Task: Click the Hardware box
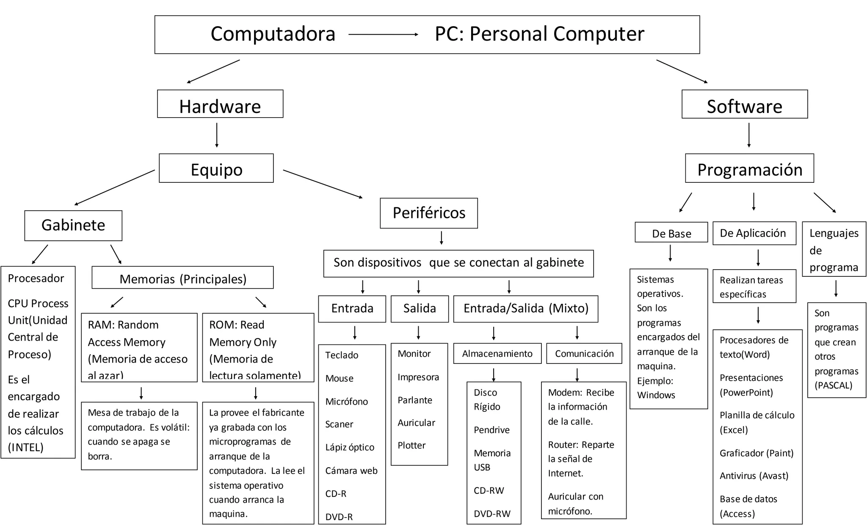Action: [220, 104]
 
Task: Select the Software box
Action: [744, 105]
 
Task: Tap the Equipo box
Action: [216, 168]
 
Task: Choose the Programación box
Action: [749, 168]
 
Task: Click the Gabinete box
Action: [73, 226]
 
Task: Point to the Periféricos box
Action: [429, 213]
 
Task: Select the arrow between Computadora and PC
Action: [384, 35]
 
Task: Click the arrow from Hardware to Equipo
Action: [217, 135]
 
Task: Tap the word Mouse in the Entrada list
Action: [339, 378]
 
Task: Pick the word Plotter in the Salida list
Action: [411, 445]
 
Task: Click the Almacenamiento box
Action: [497, 353]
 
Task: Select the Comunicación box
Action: [584, 353]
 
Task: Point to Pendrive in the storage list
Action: [491, 430]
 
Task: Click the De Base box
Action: [671, 233]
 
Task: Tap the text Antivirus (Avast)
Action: [754, 476]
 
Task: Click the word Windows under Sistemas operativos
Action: [656, 395]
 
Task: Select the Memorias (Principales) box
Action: [183, 278]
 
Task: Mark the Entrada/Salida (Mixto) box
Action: [526, 308]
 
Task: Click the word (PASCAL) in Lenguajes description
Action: [833, 385]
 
